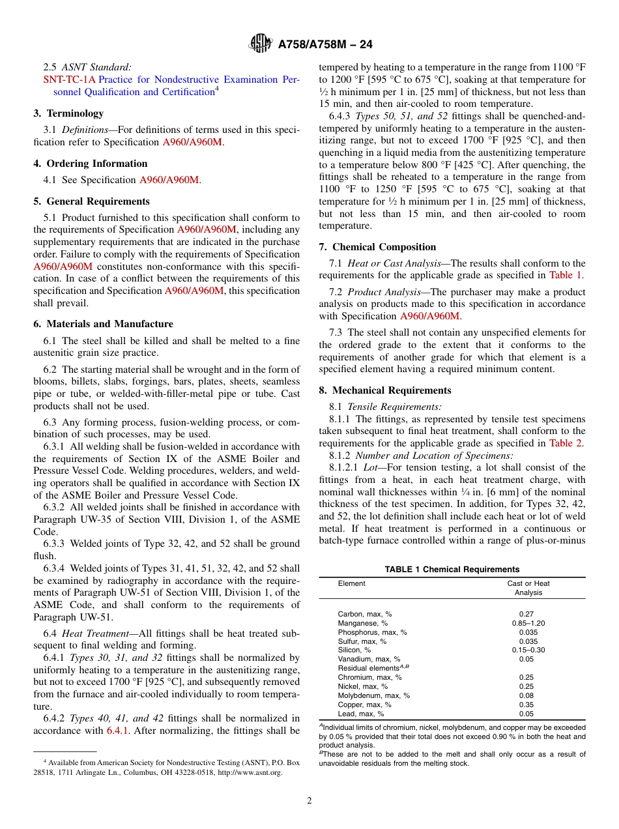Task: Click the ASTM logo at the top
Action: (261, 44)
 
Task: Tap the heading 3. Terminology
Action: (68, 113)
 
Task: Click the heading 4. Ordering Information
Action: (91, 164)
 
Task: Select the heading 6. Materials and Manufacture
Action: (103, 324)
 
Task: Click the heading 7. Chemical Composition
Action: (377, 247)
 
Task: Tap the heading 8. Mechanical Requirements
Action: (385, 390)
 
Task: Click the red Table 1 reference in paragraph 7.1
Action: (566, 276)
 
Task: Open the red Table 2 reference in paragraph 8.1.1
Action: (566, 443)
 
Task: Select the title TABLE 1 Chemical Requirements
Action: (452, 569)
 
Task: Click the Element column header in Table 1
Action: (351, 583)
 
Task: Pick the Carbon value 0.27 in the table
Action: (528, 614)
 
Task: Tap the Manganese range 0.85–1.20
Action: (528, 623)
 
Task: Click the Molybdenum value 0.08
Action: (528, 695)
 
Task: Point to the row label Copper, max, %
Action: (364, 705)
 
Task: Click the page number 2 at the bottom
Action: (309, 801)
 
